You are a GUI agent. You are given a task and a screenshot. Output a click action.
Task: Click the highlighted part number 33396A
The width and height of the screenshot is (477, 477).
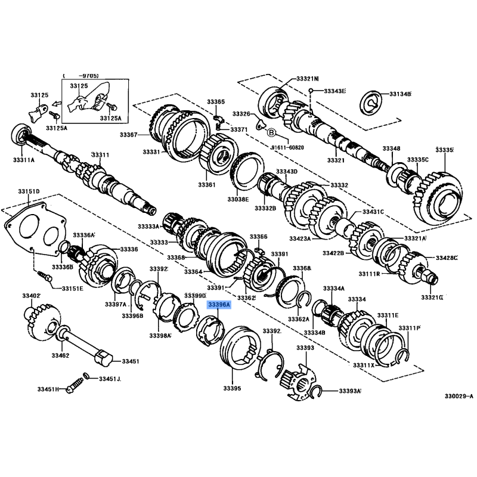pos(219,305)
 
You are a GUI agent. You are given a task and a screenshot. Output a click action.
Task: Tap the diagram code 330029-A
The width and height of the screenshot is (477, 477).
pos(459,397)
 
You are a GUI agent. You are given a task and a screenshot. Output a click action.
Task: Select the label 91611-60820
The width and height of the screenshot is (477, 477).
pos(287,147)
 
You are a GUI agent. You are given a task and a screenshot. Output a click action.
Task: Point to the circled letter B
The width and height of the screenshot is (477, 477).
pos(271,132)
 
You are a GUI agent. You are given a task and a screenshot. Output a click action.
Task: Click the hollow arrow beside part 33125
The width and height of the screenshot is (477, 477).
pos(55,104)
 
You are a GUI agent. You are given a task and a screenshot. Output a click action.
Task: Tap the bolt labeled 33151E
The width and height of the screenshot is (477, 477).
pos(45,276)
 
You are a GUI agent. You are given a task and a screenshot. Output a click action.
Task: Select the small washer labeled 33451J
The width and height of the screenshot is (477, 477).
pos(86,376)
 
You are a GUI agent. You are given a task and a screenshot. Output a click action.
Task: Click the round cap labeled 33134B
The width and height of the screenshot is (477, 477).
pos(371,103)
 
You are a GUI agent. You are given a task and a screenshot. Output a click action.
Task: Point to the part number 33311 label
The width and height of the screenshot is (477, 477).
pos(100,155)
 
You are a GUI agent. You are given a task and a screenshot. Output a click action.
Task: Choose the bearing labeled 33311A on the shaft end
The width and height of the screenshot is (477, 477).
pos(21,134)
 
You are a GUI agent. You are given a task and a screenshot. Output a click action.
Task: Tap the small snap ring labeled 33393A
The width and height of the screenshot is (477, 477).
pos(316,391)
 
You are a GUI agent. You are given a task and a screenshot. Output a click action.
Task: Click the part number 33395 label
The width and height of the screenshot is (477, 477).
pos(232,388)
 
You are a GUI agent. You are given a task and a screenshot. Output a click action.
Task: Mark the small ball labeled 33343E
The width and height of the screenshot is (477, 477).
pos(311,91)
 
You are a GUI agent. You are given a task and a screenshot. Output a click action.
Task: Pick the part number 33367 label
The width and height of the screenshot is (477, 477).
pos(128,135)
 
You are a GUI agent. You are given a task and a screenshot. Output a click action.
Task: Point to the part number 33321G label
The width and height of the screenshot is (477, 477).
pos(431,297)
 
